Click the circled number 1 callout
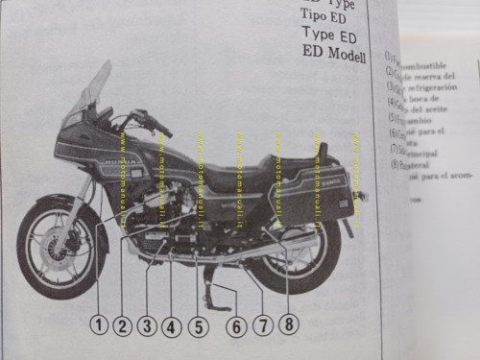tap(97, 324)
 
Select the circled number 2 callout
tap(121, 324)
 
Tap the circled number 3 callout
tap(146, 324)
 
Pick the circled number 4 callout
tap(172, 325)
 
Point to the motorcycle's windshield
tap(94, 91)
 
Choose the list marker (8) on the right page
tap(391, 163)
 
